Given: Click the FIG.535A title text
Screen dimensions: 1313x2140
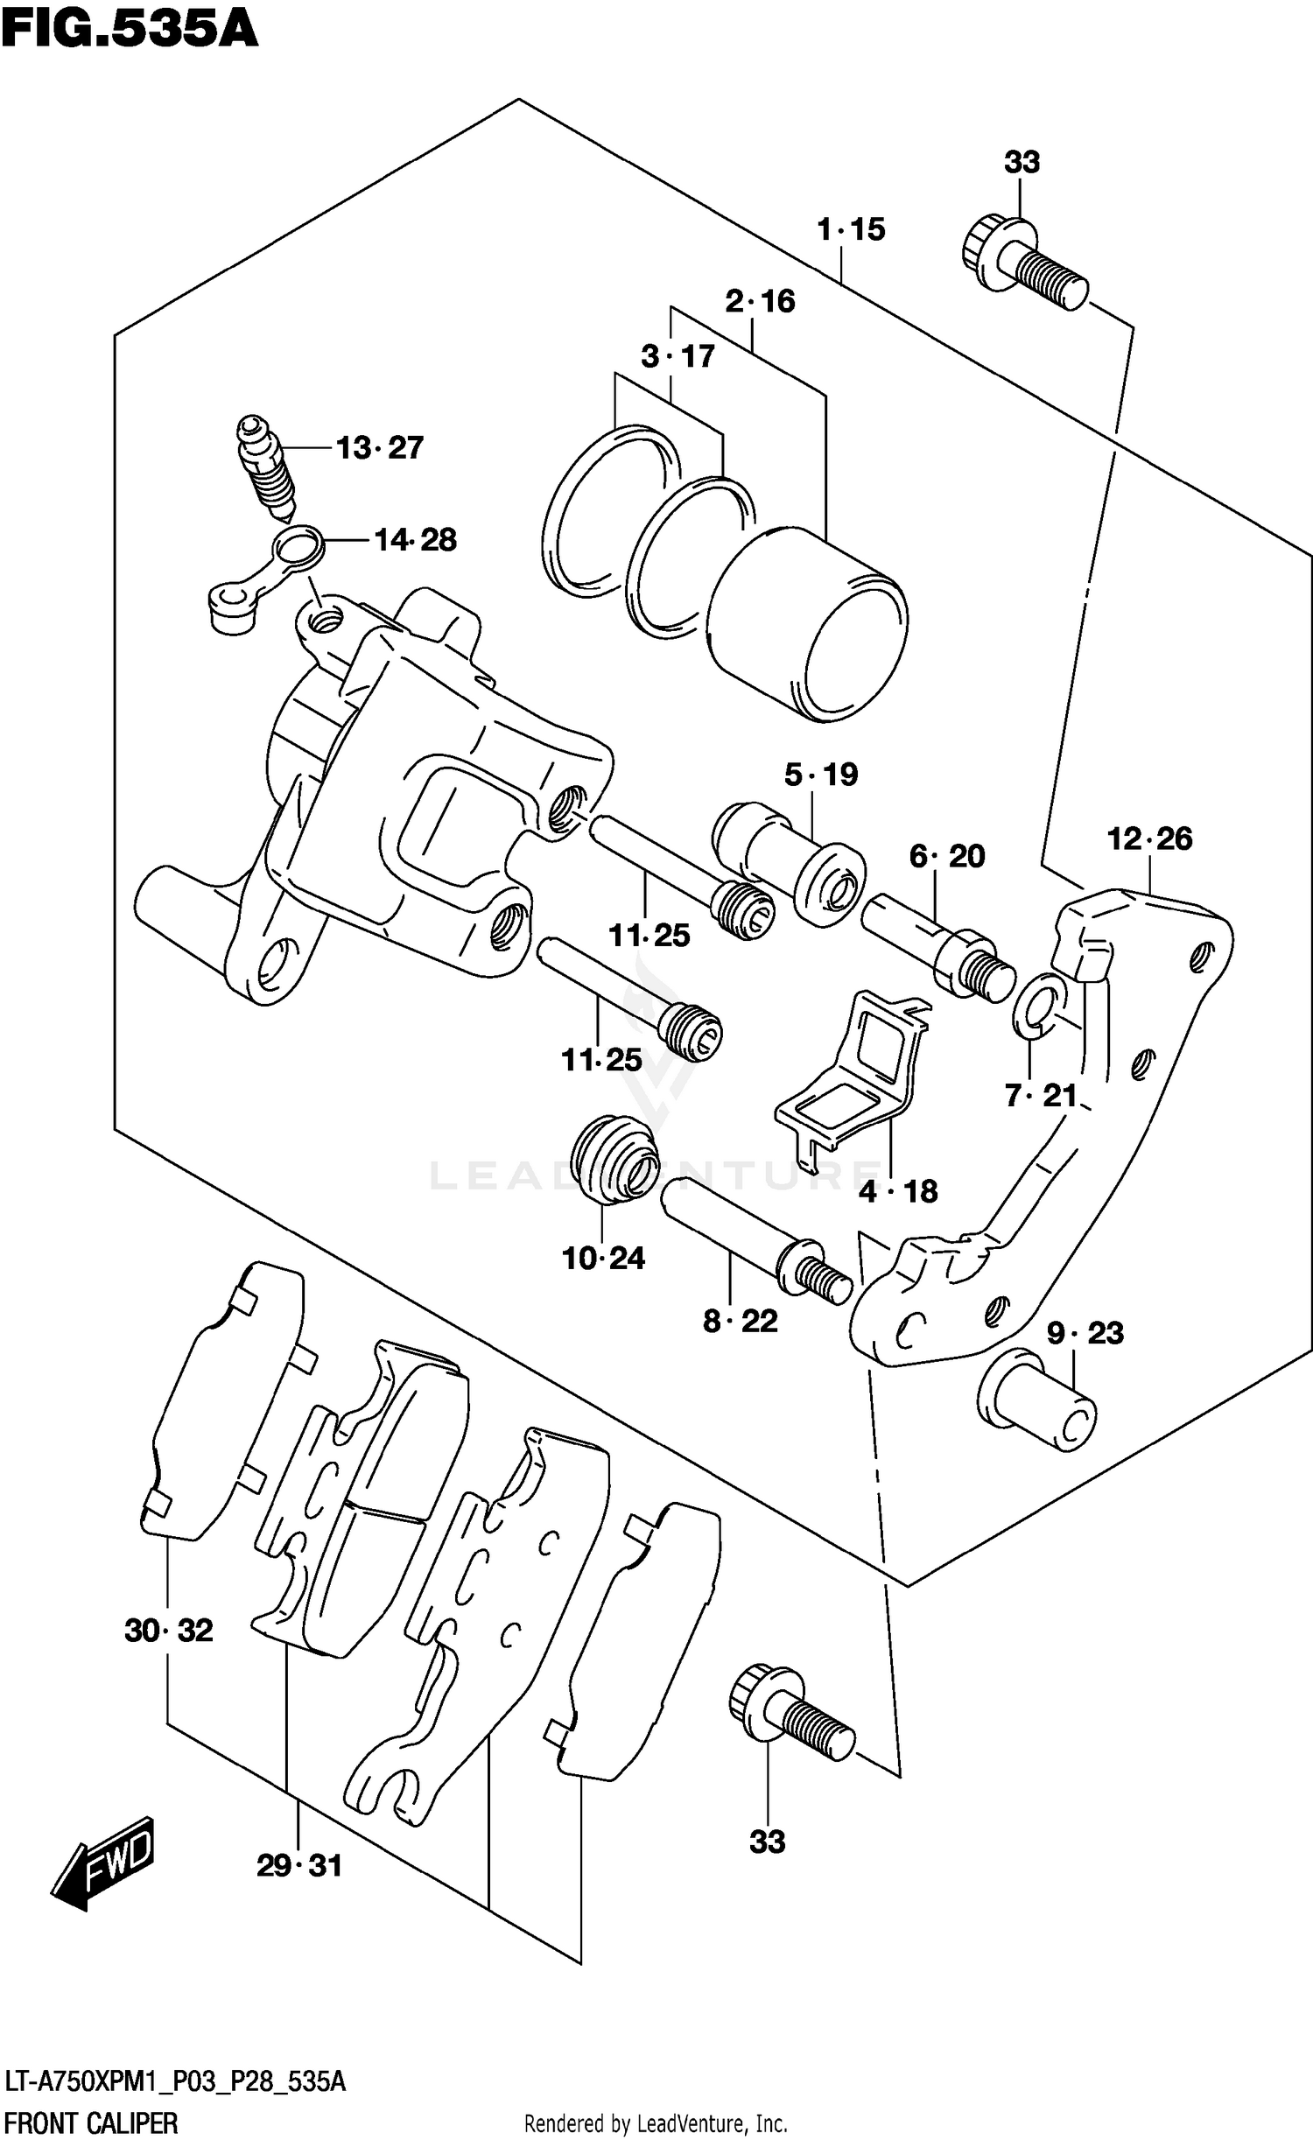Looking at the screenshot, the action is point(130,30).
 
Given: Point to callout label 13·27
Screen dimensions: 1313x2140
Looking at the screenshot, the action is point(380,448).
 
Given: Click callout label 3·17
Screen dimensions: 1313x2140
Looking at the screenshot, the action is point(678,357).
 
